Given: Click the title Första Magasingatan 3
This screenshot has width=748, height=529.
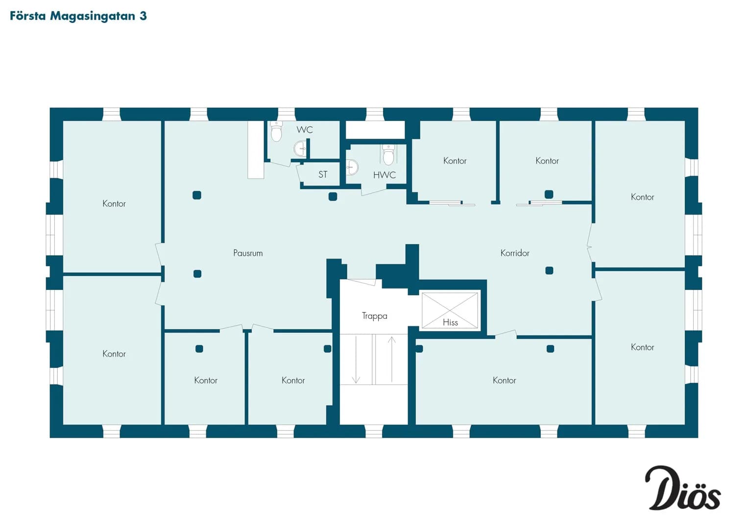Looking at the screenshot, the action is click(x=78, y=16).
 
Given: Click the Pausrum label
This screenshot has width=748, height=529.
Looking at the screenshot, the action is click(x=248, y=253).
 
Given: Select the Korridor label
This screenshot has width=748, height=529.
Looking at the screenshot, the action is click(x=514, y=253).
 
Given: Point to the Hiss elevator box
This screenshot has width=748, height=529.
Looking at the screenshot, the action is click(x=450, y=311).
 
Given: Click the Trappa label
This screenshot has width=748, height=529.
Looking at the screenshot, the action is click(x=374, y=316).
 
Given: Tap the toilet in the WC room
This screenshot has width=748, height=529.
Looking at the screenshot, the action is click(x=276, y=131).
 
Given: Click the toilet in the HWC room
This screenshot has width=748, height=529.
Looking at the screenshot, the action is click(x=388, y=155).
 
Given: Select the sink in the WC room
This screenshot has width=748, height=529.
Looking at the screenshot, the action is click(x=300, y=148).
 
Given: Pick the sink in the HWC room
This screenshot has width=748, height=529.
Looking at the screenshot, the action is click(x=352, y=167).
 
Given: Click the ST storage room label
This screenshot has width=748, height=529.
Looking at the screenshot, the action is click(x=323, y=174).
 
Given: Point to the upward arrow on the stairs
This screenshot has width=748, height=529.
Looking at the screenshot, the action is click(x=392, y=360).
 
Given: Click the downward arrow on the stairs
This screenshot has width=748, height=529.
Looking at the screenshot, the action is click(x=356, y=360).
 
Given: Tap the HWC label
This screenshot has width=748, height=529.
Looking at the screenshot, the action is click(x=385, y=175).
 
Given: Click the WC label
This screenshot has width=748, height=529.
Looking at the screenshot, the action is click(x=305, y=130).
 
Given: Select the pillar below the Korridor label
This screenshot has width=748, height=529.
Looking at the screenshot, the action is click(x=549, y=270).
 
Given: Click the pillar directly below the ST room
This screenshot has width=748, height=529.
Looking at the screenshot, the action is click(x=333, y=197).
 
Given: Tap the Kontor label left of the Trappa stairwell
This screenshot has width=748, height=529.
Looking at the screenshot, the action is click(x=293, y=381).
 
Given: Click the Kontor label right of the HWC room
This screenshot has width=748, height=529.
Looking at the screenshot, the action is click(x=455, y=161).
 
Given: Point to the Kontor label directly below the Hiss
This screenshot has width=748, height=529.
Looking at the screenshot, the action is click(x=504, y=381).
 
